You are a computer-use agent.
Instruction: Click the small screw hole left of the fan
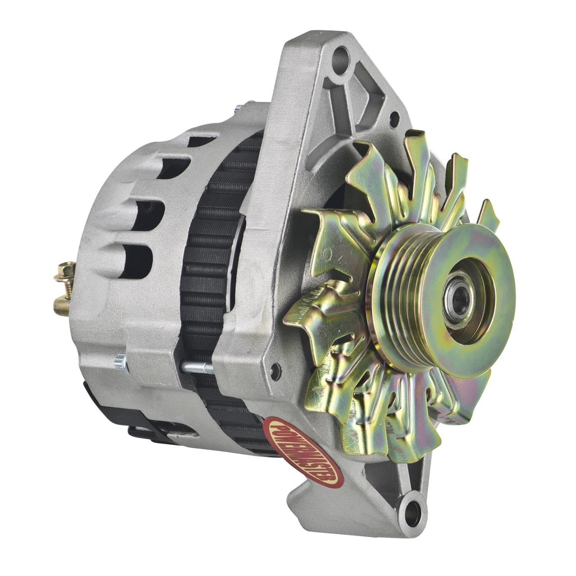coord(273,368)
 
